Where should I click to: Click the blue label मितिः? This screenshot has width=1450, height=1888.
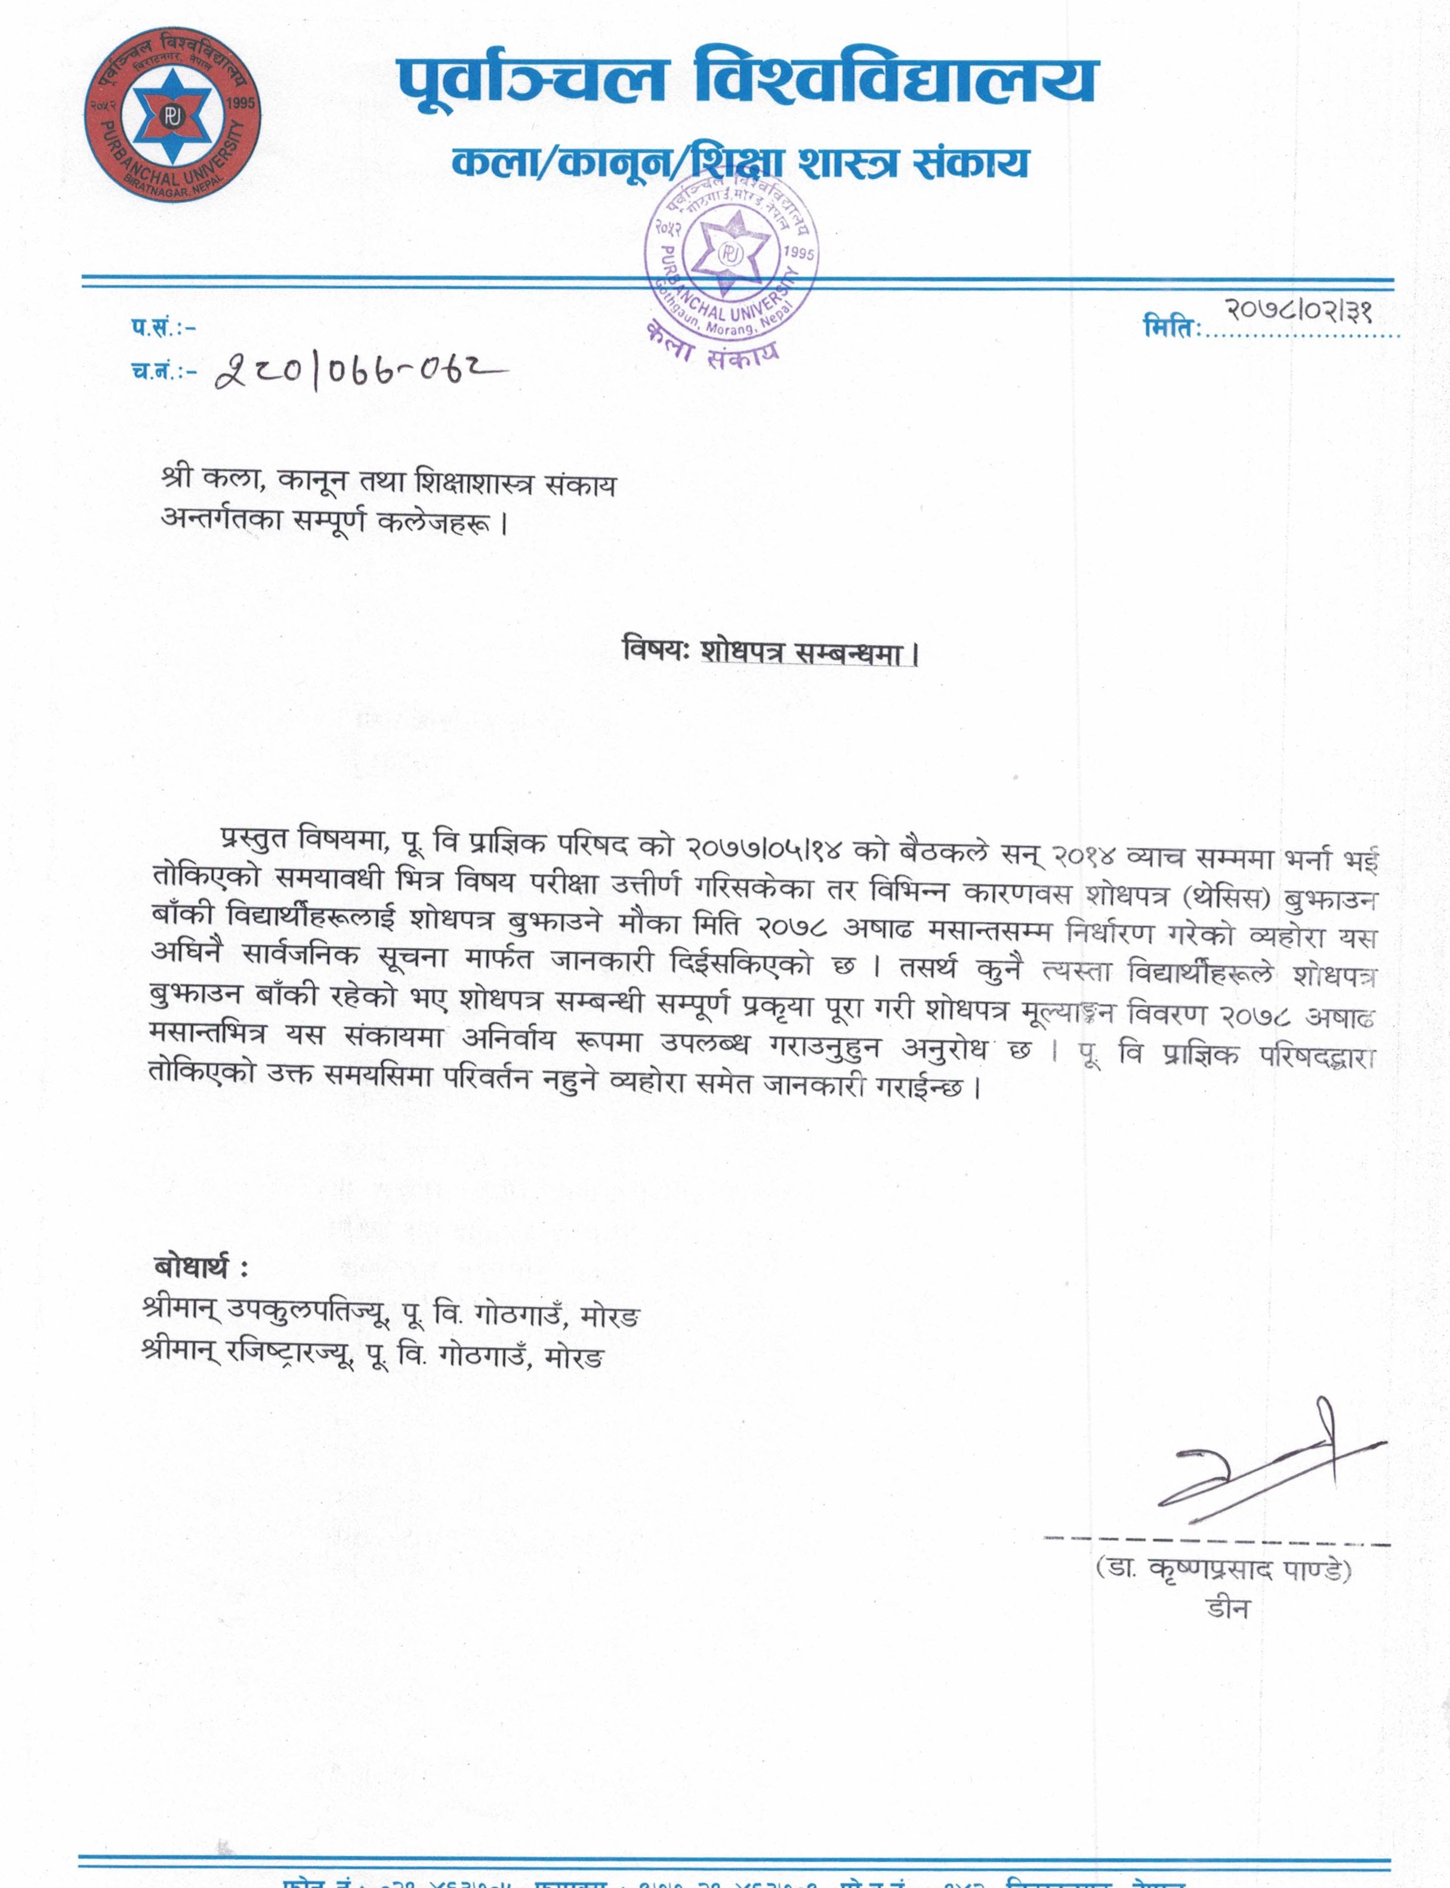[1171, 328]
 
